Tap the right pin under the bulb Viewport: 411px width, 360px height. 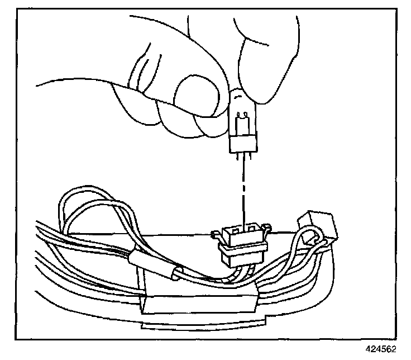coord(246,159)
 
